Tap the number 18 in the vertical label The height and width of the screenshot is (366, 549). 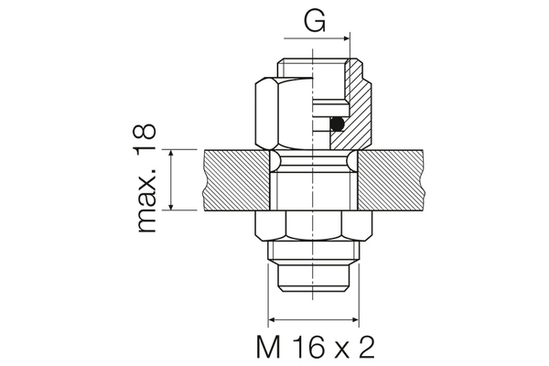click(146, 140)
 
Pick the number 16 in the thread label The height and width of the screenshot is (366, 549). click(303, 347)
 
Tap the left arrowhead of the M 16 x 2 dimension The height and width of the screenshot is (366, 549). click(272, 320)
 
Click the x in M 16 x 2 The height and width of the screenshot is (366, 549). click(339, 349)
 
